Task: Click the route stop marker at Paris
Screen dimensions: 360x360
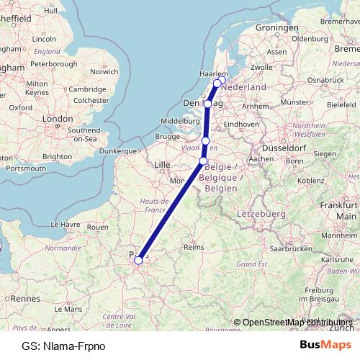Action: coord(138,261)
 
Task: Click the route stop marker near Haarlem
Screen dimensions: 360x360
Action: coord(217,83)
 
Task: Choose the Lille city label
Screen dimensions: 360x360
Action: coord(163,165)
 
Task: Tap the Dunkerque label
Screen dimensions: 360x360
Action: coord(117,151)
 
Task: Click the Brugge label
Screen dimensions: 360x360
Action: coord(166,136)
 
